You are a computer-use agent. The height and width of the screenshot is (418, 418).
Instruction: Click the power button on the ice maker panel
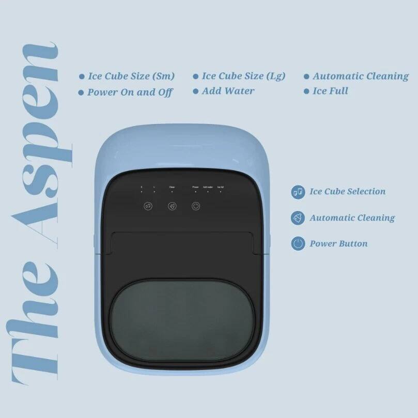(195, 206)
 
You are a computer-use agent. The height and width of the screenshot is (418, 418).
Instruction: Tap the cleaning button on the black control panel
(172, 206)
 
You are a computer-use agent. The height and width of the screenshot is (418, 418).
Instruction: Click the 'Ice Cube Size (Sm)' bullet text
(131, 76)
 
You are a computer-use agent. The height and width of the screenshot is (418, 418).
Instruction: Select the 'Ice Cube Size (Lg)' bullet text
(243, 76)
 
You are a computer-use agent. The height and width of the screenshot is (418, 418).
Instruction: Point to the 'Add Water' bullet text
(228, 91)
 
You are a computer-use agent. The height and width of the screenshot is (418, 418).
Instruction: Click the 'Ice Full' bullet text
(330, 91)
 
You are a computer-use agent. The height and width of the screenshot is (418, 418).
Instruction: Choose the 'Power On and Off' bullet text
(130, 92)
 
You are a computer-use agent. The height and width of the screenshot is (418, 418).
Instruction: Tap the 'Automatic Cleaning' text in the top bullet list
(360, 76)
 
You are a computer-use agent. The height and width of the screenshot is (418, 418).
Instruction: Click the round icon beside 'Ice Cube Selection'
(298, 192)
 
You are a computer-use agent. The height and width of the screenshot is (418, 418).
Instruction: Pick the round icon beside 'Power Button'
(298, 244)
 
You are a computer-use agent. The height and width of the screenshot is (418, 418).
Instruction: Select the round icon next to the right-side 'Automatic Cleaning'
(298, 218)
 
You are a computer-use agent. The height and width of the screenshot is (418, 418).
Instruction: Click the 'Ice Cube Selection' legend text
(347, 192)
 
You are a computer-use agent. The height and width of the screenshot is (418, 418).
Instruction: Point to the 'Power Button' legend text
(338, 244)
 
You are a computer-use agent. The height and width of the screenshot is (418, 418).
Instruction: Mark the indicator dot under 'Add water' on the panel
(208, 191)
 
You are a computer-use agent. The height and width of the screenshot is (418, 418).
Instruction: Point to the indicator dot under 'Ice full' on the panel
(220, 191)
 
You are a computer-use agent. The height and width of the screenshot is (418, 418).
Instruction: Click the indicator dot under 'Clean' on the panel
(172, 191)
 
